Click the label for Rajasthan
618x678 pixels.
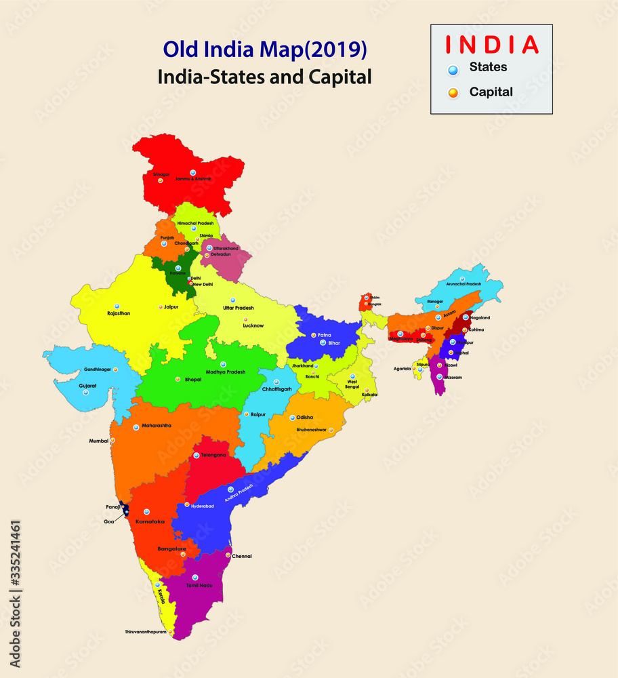[119, 313]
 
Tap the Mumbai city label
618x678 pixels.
[99, 441]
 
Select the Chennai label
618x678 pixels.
[242, 556]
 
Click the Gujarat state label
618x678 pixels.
[87, 385]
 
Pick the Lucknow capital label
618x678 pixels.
[253, 325]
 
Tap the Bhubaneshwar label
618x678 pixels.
[311, 430]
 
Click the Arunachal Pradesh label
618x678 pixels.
[464, 284]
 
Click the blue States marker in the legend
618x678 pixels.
[453, 68]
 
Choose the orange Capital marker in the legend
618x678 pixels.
[453, 92]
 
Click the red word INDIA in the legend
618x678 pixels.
[491, 45]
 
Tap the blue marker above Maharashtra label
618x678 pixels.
[136, 426]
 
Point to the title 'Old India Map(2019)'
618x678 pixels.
[265, 50]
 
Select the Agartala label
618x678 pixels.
[403, 369]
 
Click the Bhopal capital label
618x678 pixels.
[193, 380]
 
